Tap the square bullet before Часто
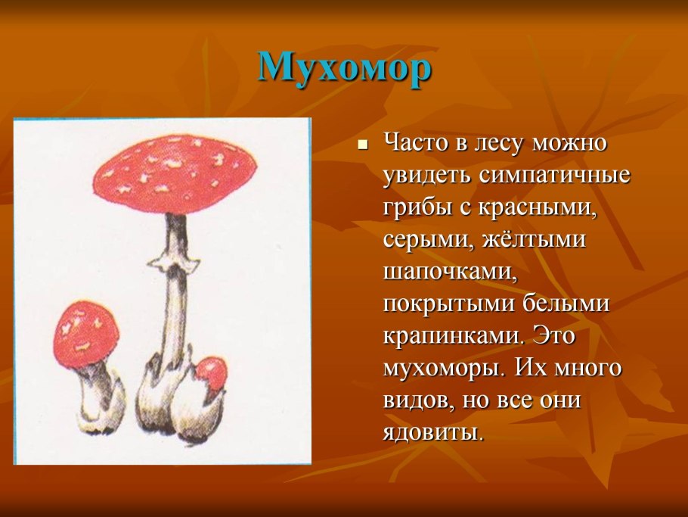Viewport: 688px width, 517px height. [x=362, y=145]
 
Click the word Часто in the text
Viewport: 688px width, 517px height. [x=417, y=143]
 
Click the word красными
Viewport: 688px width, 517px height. [x=538, y=207]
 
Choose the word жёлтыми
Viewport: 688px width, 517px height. [x=534, y=239]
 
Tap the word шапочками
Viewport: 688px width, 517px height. [x=449, y=273]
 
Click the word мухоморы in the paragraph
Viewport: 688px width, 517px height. [x=442, y=369]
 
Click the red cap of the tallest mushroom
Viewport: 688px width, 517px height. [x=175, y=175]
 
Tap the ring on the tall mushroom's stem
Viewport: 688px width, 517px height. [x=175, y=262]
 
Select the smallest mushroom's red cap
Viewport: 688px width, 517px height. [x=212, y=372]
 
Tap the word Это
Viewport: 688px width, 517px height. [x=553, y=336]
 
